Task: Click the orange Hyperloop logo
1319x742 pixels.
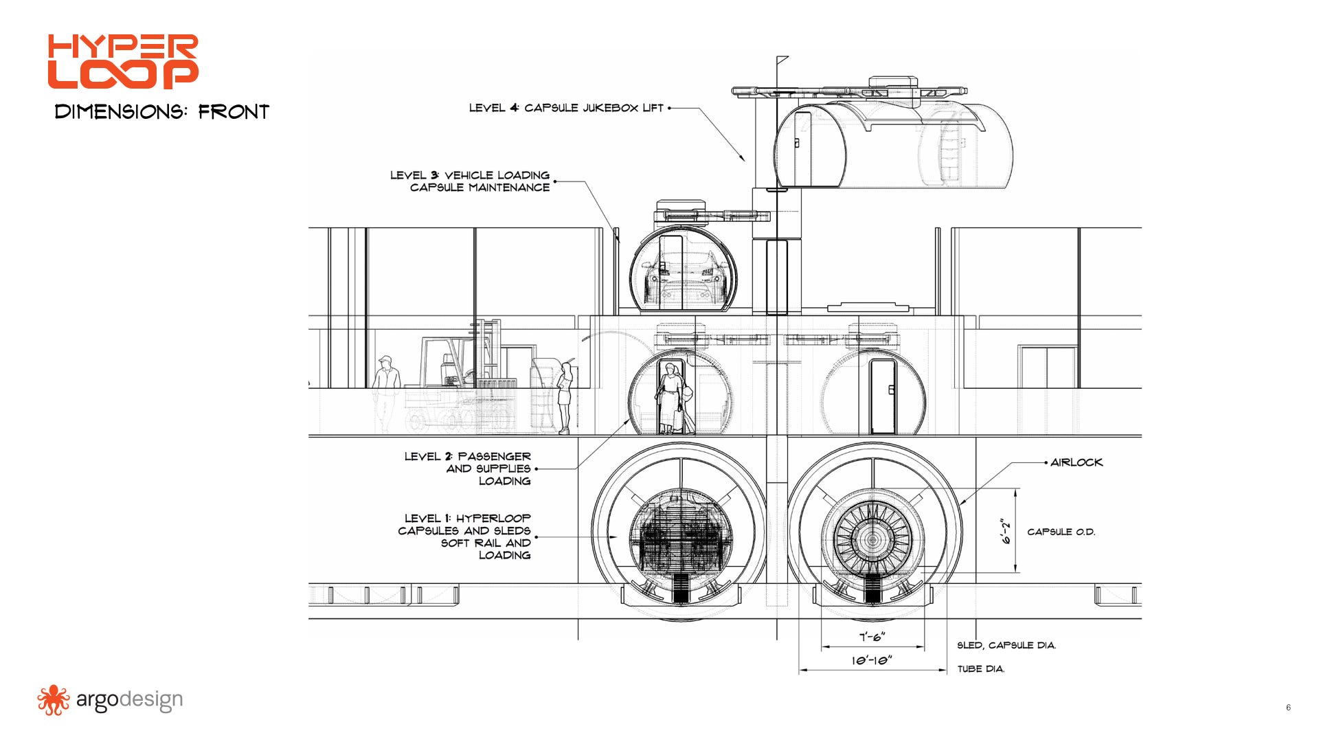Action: coord(123,62)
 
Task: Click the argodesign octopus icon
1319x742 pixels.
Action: coord(54,700)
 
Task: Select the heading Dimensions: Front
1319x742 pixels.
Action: coord(162,112)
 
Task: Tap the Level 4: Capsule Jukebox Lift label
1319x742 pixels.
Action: coord(566,108)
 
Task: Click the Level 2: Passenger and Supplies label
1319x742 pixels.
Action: coord(468,469)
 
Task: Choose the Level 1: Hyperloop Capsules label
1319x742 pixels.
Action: coord(464,537)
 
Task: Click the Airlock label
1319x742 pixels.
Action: coord(1076,462)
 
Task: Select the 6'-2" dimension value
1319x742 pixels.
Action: coord(1007,531)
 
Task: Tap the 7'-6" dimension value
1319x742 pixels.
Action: coord(872,637)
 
